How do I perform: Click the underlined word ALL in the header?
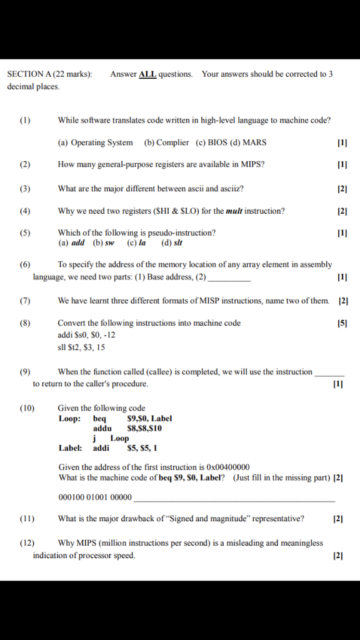pos(147,74)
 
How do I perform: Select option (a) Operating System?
pos(95,142)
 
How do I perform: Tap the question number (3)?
pos(24,188)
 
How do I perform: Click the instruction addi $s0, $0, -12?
pos(86,335)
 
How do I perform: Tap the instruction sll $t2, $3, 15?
pos(81,347)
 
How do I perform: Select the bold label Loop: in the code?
pos(69,418)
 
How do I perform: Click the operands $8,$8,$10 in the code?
pos(144,428)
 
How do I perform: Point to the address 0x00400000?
pos(226,467)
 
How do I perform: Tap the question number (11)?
pos(26,518)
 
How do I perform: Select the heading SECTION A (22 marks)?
pos(49,74)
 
